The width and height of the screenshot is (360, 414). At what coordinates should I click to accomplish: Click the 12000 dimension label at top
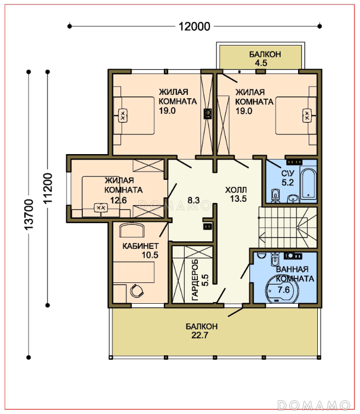[x=195, y=26]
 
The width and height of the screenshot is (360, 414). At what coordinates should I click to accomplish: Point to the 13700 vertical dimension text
[x=29, y=214]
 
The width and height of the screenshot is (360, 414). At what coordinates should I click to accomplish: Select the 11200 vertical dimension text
[x=48, y=188]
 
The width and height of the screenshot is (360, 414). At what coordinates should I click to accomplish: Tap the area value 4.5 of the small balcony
[x=261, y=63]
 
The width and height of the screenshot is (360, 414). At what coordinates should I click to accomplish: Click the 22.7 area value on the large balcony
[x=200, y=335]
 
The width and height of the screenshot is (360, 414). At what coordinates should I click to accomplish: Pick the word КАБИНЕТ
[x=140, y=246]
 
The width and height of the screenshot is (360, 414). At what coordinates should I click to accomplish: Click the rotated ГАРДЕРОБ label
[x=195, y=280]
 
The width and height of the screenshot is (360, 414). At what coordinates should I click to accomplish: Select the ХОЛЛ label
[x=236, y=190]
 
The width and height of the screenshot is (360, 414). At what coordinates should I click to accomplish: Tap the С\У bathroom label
[x=288, y=173]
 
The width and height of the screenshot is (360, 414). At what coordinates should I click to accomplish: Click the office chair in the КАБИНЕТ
[x=137, y=291]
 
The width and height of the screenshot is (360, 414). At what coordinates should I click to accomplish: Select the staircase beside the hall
[x=288, y=228]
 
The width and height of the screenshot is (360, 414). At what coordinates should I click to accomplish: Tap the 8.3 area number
[x=193, y=200]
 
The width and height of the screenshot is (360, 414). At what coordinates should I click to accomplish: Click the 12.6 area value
[x=118, y=200]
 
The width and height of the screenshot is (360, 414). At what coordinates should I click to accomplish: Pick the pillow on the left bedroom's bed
[x=123, y=116]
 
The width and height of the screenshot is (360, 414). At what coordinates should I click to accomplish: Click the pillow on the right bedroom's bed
[x=307, y=116]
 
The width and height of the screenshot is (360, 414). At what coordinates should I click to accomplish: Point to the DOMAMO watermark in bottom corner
[x=314, y=405]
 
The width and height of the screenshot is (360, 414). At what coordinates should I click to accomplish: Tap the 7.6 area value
[x=284, y=290]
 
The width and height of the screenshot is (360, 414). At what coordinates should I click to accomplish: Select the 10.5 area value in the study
[x=150, y=255]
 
